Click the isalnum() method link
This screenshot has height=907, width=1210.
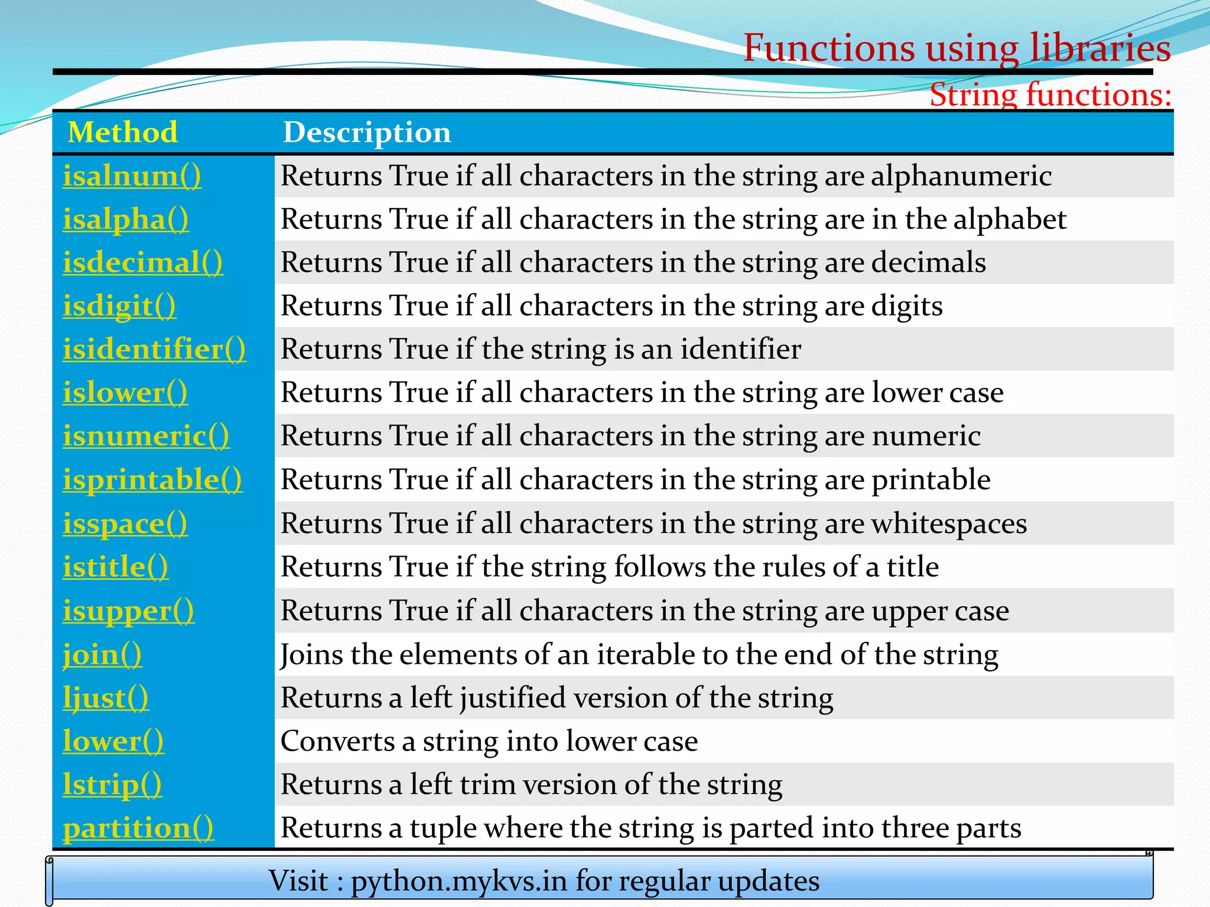pos(132,176)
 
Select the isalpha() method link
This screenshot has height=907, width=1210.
pos(126,219)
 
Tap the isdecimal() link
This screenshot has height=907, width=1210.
pos(142,262)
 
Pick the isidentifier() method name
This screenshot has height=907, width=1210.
pos(154,349)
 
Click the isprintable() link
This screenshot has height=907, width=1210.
pos(152,479)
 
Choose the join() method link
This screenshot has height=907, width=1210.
pos(102,654)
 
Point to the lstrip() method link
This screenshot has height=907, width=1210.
pos(112,784)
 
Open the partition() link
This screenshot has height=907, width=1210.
pos(138,828)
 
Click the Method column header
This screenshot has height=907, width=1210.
pos(122,132)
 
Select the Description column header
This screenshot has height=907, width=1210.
pos(367,132)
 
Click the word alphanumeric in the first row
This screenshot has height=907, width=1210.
pos(961,176)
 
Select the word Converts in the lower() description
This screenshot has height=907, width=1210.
pos(338,741)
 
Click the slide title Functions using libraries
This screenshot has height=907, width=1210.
pos(957,47)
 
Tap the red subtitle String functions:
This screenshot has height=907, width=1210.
pos(1050,94)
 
